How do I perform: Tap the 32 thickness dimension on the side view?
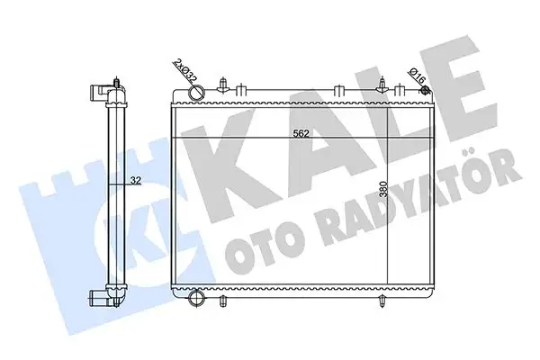(x=135, y=180)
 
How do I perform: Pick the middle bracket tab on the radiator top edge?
(x=336, y=90)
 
